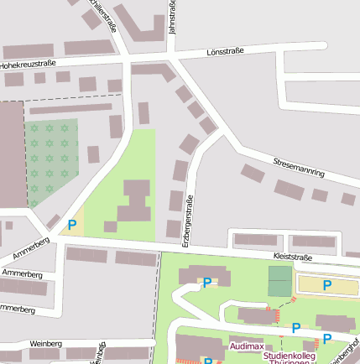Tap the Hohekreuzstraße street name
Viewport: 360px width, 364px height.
(x=27, y=63)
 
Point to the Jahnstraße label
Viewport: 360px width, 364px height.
(x=172, y=17)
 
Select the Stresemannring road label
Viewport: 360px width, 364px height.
(x=299, y=165)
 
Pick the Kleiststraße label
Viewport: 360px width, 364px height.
(x=293, y=257)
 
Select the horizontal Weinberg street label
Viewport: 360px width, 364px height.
(x=45, y=344)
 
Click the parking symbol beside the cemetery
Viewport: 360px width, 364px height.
(x=72, y=225)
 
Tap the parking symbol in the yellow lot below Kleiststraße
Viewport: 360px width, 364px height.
(x=327, y=285)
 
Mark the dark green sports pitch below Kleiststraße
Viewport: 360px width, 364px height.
(x=279, y=280)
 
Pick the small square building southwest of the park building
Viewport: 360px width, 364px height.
(x=110, y=226)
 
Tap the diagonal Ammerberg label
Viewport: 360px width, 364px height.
(x=32, y=247)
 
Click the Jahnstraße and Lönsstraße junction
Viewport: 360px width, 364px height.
(x=172, y=57)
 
